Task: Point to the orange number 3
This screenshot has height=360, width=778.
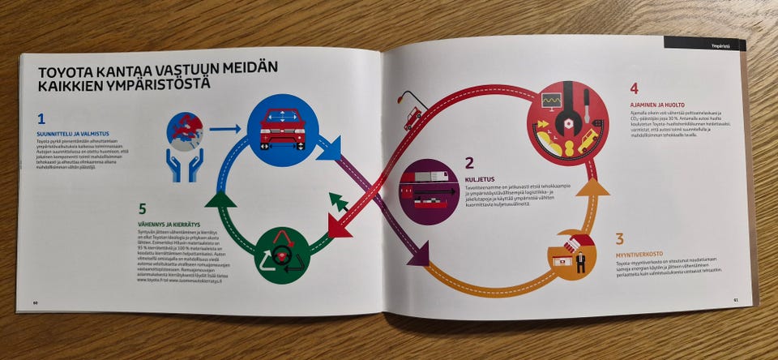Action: tap(619, 239)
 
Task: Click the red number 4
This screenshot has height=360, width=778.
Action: tap(635, 88)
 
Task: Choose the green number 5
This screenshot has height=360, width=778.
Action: tap(143, 209)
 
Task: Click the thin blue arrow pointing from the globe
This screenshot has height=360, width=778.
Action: tap(225, 128)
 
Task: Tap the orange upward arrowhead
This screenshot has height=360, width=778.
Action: tap(596, 187)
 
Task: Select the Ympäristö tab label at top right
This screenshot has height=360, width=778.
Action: tap(710, 46)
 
